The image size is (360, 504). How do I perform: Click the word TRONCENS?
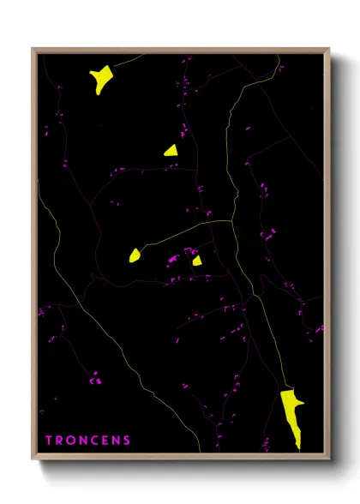point(88,441)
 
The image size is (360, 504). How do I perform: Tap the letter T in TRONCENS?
point(49,441)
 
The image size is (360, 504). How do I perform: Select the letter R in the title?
point(60,441)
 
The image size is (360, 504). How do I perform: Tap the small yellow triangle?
point(171,150)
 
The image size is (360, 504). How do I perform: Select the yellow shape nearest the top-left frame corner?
point(100,78)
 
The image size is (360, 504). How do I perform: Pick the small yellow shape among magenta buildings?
point(197,261)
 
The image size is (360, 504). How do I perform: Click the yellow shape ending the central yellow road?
point(135,255)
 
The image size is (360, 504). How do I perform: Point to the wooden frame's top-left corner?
point(33,49)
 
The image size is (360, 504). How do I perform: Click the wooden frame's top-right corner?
point(330,49)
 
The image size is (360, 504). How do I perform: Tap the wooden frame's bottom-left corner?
point(33,460)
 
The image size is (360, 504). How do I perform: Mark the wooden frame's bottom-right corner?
point(330,460)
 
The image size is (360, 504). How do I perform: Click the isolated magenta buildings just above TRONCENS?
point(95,375)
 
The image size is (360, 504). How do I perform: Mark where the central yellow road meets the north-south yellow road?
point(232,221)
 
